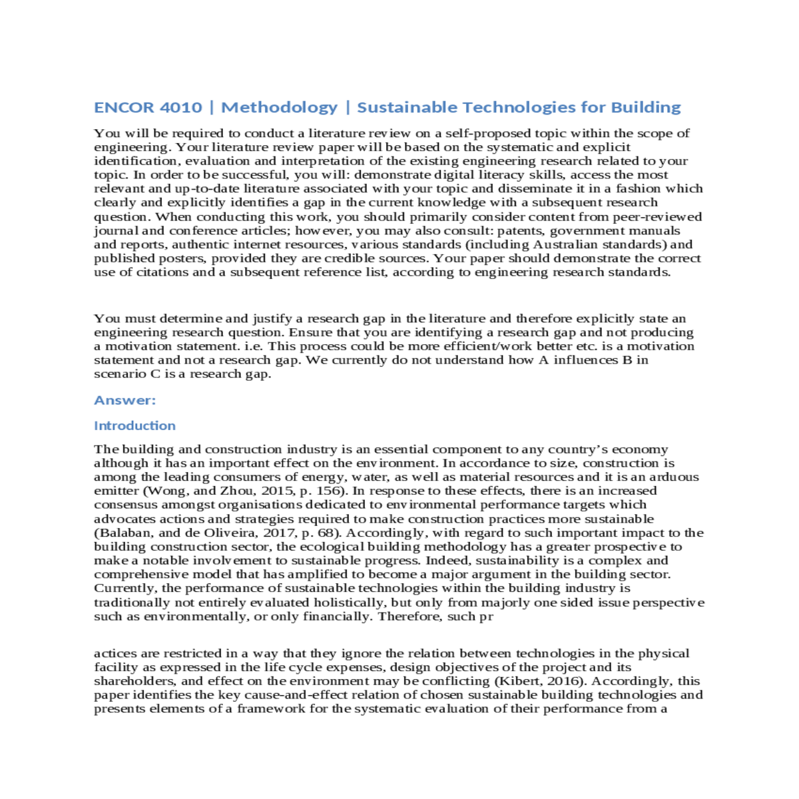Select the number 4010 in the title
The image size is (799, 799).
[x=180, y=107]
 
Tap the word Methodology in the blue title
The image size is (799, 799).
[x=279, y=107]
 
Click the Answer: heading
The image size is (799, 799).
[x=125, y=400]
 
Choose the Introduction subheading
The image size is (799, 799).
[x=134, y=425]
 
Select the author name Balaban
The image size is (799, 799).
[x=122, y=533]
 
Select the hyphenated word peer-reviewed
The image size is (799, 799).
[x=658, y=216]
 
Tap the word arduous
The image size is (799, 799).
[x=675, y=477]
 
